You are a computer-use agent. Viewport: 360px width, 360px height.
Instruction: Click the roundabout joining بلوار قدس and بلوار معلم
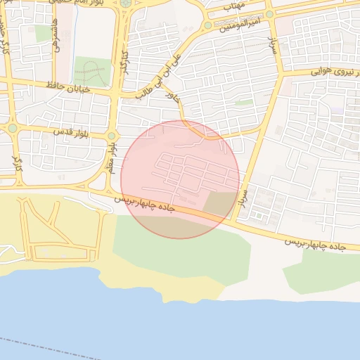point(111,136)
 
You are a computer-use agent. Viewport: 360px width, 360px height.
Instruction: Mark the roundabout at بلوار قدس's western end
point(12,128)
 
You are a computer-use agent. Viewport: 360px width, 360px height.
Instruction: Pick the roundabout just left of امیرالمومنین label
point(208,25)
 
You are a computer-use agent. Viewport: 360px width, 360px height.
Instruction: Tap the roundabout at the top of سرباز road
point(270,14)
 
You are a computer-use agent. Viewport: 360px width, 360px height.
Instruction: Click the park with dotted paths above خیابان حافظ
point(92,72)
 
